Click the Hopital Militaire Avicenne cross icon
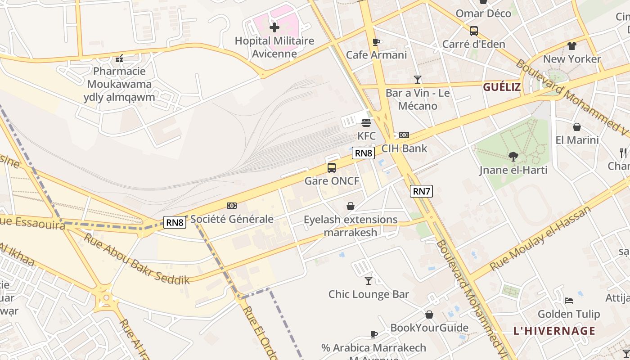(274, 28)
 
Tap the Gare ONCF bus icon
(332, 168)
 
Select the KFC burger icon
(366, 122)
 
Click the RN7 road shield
(422, 191)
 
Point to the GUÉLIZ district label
(502, 87)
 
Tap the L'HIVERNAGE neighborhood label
(554, 331)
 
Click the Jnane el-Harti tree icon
(513, 157)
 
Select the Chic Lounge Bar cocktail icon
(369, 281)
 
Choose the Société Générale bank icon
(232, 206)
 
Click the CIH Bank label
(404, 148)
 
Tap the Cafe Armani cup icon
(376, 42)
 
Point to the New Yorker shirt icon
(572, 45)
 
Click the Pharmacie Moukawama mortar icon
(119, 58)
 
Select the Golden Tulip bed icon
(569, 301)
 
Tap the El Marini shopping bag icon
(577, 127)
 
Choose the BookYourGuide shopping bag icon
(429, 315)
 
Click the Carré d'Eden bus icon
(473, 31)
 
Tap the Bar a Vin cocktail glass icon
(418, 80)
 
